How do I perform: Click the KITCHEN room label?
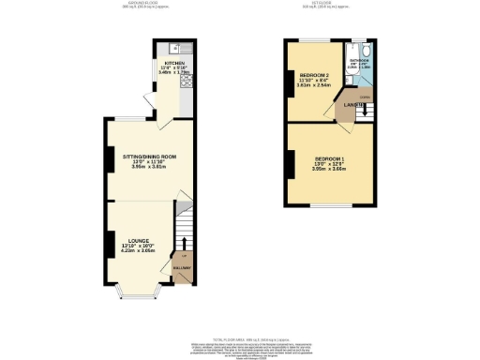[x=175, y=64]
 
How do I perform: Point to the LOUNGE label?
[x=139, y=241]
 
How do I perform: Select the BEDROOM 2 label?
[x=312, y=73]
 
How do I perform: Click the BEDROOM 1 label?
[x=329, y=158]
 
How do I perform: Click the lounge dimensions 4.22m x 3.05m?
[x=139, y=252]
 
